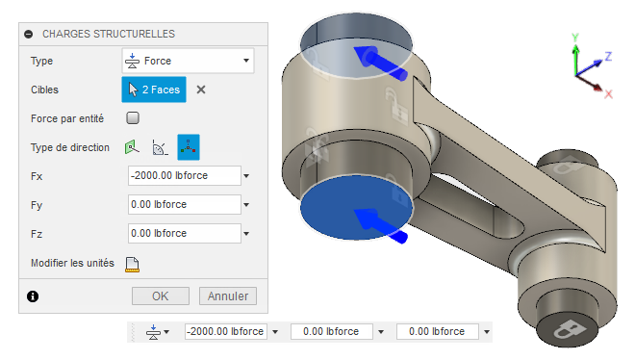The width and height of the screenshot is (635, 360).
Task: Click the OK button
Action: (161, 296)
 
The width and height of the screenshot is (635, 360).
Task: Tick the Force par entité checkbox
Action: (133, 118)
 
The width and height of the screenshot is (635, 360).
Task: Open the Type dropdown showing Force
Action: (188, 61)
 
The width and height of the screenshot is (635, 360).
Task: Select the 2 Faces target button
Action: (154, 90)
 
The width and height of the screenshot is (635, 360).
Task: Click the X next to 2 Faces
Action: (201, 90)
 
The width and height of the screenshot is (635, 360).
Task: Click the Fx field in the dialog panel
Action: (185, 176)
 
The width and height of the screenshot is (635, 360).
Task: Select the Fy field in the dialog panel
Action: (185, 204)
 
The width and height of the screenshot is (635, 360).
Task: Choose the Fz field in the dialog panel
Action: (185, 233)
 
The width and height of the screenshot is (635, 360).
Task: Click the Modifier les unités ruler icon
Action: (132, 265)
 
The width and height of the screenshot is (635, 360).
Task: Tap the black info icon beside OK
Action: (33, 296)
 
